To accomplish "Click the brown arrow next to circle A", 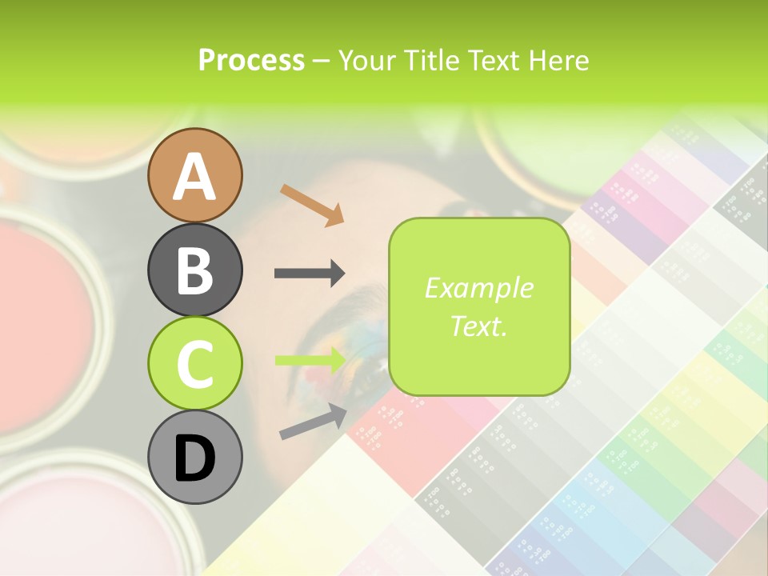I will pyautogui.click(x=312, y=204).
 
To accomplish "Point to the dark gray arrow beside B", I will pyautogui.click(x=310, y=274).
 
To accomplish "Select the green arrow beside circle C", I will pyautogui.click(x=310, y=361).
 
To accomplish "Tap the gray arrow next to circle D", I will pyautogui.click(x=313, y=422).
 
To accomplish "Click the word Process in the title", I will pyautogui.click(x=251, y=60).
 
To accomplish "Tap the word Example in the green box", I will pyautogui.click(x=478, y=288).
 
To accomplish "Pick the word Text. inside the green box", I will pyautogui.click(x=478, y=326).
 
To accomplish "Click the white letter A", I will pyautogui.click(x=194, y=177).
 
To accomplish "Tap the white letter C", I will pyautogui.click(x=194, y=364).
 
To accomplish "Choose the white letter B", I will pyautogui.click(x=194, y=270).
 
